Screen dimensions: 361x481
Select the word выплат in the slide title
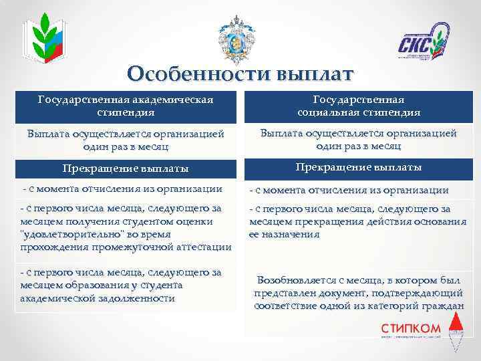pos(309,74)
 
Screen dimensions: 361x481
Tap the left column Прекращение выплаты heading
pos(125,168)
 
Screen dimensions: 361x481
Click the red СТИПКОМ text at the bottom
pos(411,328)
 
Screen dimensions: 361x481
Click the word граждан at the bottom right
pos(446,306)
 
